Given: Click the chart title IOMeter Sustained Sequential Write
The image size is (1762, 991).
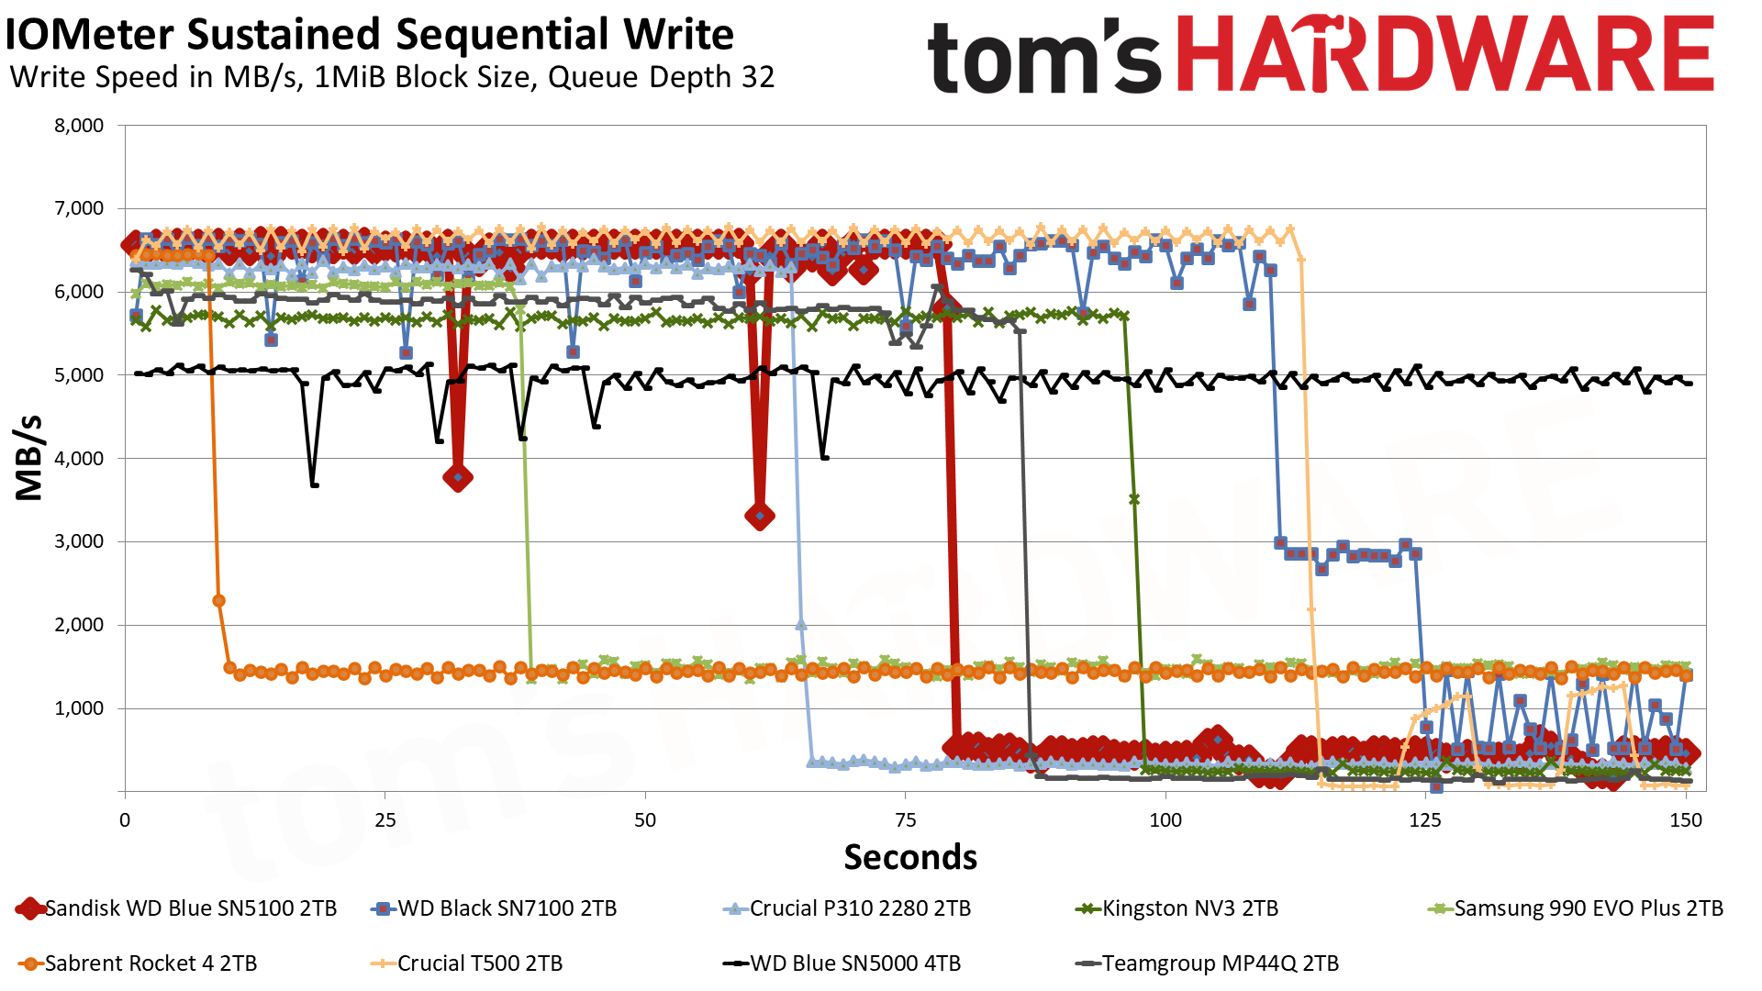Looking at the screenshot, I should (369, 35).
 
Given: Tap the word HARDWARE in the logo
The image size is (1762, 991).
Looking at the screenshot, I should (1444, 55).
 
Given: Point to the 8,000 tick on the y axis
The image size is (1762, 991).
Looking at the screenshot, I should (79, 126).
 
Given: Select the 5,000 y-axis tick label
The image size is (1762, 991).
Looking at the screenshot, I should (79, 375).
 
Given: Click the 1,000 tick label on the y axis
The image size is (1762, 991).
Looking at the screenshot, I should (79, 708).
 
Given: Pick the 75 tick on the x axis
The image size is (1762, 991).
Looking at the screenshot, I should (905, 820).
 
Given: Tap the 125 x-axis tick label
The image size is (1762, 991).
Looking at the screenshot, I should (1425, 820).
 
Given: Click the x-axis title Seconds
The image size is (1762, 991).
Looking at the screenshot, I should (910, 857).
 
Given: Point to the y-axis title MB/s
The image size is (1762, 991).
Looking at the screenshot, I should (29, 458).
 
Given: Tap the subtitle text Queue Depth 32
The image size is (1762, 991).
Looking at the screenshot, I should (661, 77).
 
